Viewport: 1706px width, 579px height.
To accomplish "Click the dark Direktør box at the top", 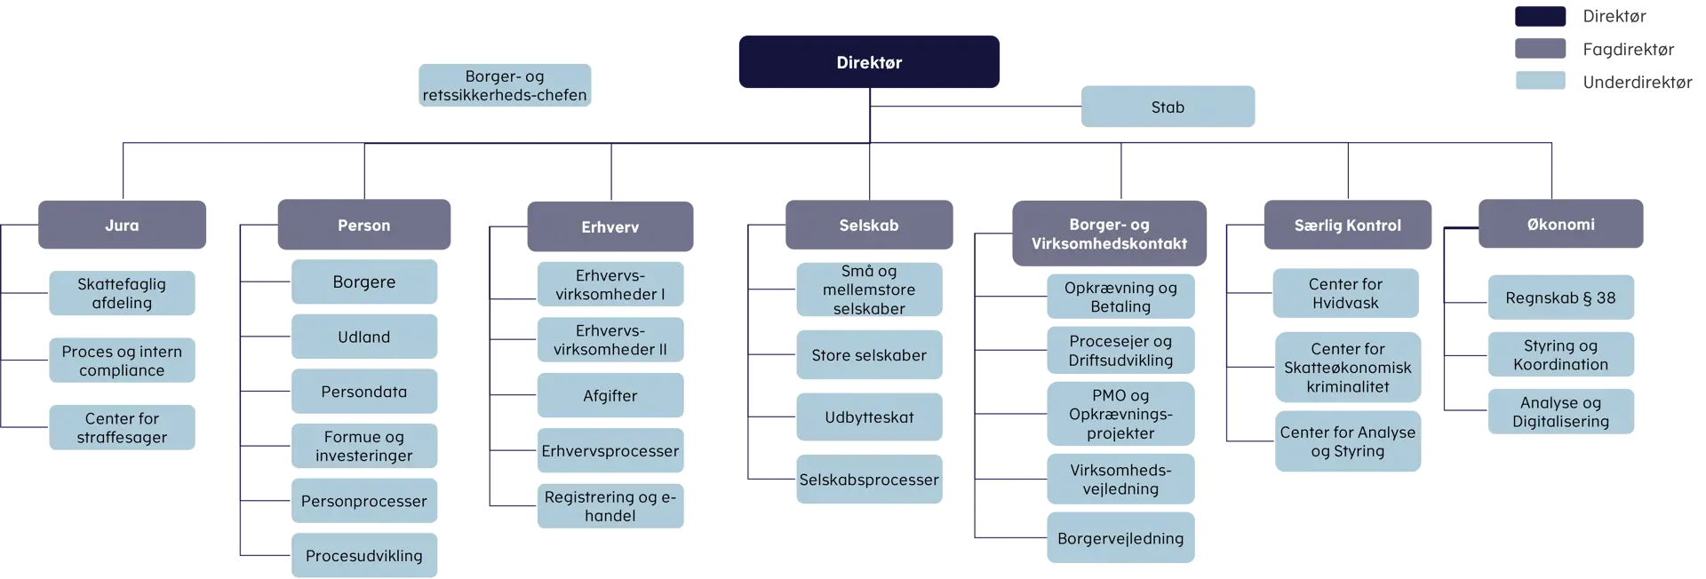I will [x=869, y=62].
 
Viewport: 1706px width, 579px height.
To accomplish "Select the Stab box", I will [x=1168, y=107].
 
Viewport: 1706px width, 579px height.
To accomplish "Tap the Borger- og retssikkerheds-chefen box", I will [x=505, y=85].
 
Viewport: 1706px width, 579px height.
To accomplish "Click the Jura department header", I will [x=123, y=225].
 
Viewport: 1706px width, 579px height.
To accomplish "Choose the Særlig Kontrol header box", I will [x=1347, y=225].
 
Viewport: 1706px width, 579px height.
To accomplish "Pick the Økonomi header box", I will [x=1560, y=224].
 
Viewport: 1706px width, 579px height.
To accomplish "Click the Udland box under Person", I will [x=364, y=337].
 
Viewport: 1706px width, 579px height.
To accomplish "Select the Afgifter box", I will [x=610, y=395].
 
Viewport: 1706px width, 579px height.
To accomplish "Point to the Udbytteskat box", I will [x=869, y=416].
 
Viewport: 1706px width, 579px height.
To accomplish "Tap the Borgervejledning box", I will [x=1120, y=537].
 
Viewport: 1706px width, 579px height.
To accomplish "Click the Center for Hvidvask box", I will [x=1345, y=293].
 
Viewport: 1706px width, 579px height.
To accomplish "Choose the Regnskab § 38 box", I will [x=1560, y=297].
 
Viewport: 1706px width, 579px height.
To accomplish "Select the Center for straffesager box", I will [x=122, y=427].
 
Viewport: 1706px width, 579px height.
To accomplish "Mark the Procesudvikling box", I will [x=364, y=555].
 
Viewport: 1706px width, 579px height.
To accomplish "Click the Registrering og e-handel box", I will [x=610, y=506].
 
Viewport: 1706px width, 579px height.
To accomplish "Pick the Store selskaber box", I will [x=869, y=354].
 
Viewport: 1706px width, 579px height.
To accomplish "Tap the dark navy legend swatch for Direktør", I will [x=1540, y=16].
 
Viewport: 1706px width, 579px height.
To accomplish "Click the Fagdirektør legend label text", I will [x=1628, y=49].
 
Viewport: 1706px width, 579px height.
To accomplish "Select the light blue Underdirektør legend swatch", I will [x=1540, y=81].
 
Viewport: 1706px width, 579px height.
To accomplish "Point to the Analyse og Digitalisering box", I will [x=1560, y=412].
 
